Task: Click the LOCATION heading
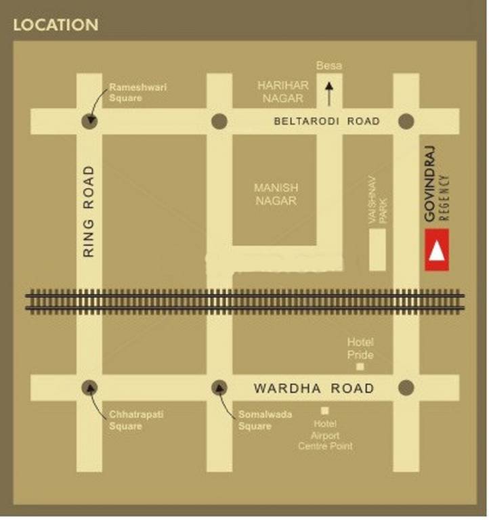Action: click(56, 25)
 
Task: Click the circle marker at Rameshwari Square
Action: click(89, 121)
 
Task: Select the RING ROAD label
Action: click(89, 211)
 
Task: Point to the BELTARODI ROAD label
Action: click(326, 121)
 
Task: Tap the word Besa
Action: click(329, 66)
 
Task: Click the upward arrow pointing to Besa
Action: click(330, 93)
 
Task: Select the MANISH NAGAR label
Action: click(276, 194)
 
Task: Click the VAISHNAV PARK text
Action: click(377, 199)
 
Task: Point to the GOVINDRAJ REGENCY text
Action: click(436, 183)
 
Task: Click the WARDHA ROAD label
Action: click(313, 389)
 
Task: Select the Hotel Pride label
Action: click(360, 349)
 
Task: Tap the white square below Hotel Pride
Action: click(360, 366)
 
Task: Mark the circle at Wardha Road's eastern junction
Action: click(406, 388)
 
